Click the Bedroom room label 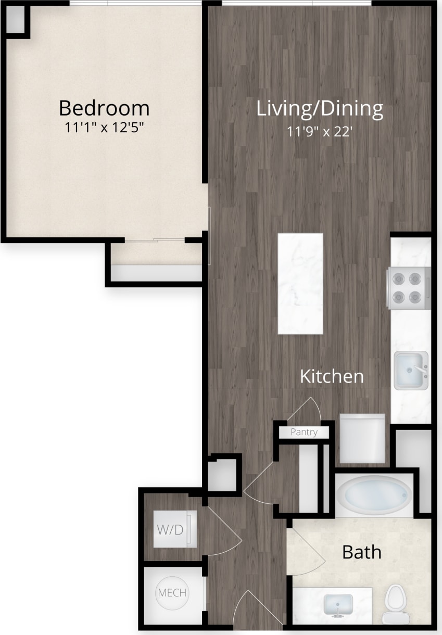click(104, 108)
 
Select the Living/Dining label click(320, 109)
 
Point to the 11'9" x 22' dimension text click(320, 132)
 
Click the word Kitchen click(332, 376)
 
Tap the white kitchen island click(300, 284)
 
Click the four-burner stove click(408, 288)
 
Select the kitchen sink click(411, 370)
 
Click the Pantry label click(304, 432)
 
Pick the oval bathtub click(374, 495)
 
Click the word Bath click(361, 552)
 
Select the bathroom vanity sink click(338, 605)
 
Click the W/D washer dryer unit click(175, 530)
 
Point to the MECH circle click(172, 593)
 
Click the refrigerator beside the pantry click(362, 438)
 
